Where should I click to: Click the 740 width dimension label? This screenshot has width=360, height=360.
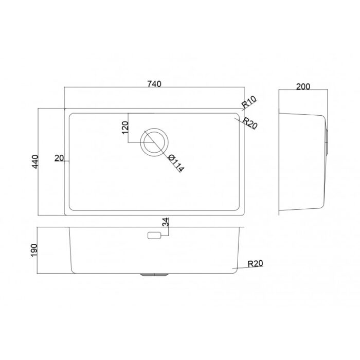click(x=154, y=84)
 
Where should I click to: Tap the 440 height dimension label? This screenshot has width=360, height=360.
click(x=35, y=161)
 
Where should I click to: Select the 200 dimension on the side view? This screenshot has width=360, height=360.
click(x=303, y=86)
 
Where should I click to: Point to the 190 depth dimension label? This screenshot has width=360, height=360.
click(x=34, y=250)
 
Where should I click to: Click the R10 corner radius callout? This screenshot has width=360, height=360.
click(x=249, y=102)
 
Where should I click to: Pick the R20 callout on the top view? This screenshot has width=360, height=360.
click(x=250, y=123)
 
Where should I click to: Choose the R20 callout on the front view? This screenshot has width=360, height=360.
click(x=255, y=263)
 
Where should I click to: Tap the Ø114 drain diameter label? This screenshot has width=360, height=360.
click(x=176, y=163)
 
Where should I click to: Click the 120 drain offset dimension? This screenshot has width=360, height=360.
click(x=125, y=128)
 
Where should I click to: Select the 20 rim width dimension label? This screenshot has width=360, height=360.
click(x=59, y=158)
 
